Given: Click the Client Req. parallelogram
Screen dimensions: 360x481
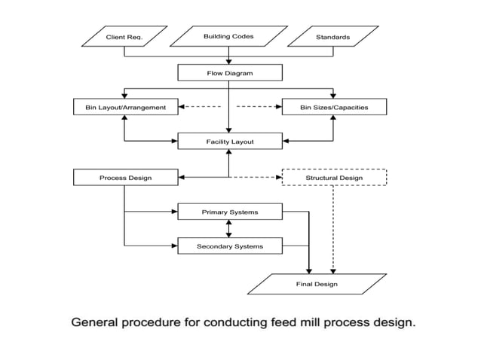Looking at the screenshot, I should coord(124,36).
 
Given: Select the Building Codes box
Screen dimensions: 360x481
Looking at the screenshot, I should coord(229,36).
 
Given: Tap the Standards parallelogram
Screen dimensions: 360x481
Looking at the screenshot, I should coord(333,36).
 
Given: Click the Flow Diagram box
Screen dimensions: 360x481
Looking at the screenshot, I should coord(229,73).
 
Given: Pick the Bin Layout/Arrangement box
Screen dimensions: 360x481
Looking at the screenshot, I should coord(126,107).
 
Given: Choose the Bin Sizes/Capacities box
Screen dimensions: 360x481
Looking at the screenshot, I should coord(334,107).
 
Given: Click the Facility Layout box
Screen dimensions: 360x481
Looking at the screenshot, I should coord(229,141).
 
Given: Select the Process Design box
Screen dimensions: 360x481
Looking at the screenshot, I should coord(126,178).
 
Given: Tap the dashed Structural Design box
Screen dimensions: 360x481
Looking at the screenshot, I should coord(334,178).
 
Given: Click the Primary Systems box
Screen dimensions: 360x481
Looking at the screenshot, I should coord(229,212).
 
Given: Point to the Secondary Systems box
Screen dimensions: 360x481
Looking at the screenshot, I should coord(229,246).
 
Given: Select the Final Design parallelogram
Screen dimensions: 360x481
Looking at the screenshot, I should coord(315,284).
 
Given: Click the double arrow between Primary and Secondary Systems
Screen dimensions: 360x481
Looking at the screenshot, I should coord(229,229).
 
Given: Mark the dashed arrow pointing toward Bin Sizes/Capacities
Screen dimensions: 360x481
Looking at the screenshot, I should coord(258,107).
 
